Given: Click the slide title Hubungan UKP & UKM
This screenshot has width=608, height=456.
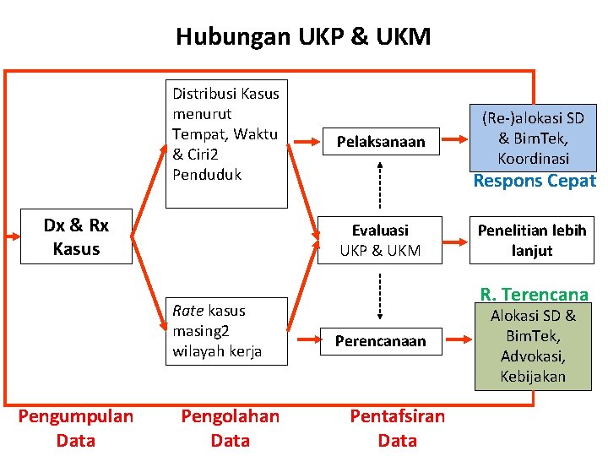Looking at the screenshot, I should click(x=303, y=37).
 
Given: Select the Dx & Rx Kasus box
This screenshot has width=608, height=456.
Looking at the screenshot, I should click(x=76, y=237).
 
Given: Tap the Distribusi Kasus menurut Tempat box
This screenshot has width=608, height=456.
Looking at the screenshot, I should click(x=225, y=144).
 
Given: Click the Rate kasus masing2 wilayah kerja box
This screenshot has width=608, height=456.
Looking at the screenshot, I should click(x=225, y=331).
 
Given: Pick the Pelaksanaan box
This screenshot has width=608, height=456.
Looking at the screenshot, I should click(x=380, y=142).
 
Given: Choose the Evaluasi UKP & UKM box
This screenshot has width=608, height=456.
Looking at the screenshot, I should click(x=380, y=240).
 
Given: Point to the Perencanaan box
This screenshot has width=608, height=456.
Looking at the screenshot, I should click(x=380, y=341).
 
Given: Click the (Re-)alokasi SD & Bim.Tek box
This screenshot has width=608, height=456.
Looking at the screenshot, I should click(x=533, y=138).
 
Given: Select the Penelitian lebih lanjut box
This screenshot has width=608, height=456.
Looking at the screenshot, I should click(x=532, y=240).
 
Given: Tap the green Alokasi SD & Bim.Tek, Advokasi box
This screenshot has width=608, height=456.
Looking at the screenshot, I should click(x=533, y=347).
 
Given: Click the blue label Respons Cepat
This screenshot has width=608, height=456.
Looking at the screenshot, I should click(x=534, y=181).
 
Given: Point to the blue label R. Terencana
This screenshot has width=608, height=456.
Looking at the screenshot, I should click(x=534, y=295).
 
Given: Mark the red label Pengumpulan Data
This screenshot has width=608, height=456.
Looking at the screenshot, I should click(x=76, y=428).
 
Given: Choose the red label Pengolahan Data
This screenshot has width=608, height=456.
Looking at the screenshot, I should click(x=230, y=428).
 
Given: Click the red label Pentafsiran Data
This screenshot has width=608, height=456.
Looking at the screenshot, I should click(x=397, y=428).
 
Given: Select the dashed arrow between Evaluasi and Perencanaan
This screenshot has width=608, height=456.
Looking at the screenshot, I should click(x=380, y=296).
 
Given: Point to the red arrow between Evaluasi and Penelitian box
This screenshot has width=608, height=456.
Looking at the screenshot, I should click(x=457, y=240).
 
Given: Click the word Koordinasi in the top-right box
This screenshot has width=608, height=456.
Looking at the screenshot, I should click(x=533, y=159).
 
